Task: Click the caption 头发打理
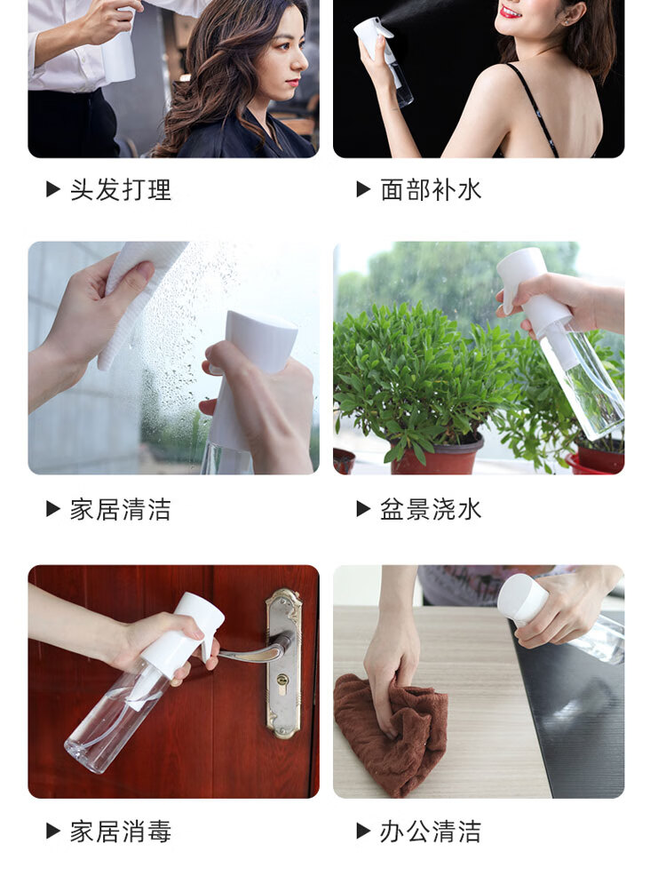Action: pos(121,190)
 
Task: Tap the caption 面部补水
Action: pos(431,190)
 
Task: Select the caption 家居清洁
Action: pos(121,510)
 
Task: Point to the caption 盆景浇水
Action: pos(431,510)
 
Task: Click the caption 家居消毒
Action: pos(121,832)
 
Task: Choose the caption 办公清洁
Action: pos(431,832)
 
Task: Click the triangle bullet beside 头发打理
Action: pos(53,189)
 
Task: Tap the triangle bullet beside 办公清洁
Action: pos(363,831)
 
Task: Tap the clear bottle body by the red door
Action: pos(115,721)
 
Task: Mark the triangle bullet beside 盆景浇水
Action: pos(363,509)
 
